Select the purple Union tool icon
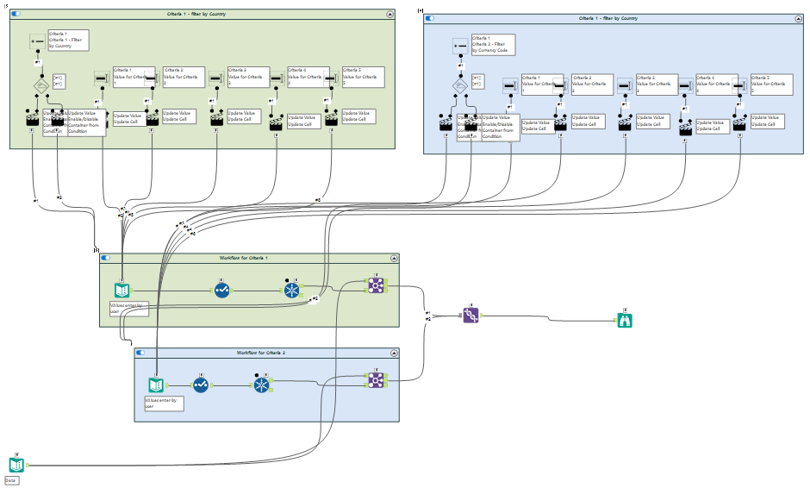pyautogui.click(x=470, y=316)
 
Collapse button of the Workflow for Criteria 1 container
pyautogui.click(x=394, y=258)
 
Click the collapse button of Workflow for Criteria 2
pyautogui.click(x=394, y=353)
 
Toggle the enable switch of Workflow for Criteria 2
pyautogui.click(x=140, y=353)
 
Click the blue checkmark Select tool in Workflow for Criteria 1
pyautogui.click(x=222, y=291)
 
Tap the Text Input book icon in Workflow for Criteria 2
pyautogui.click(x=156, y=385)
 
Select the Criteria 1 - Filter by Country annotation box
pyautogui.click(x=69, y=40)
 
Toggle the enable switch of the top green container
pyautogui.click(x=16, y=15)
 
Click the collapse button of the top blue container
pyautogui.click(x=797, y=17)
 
